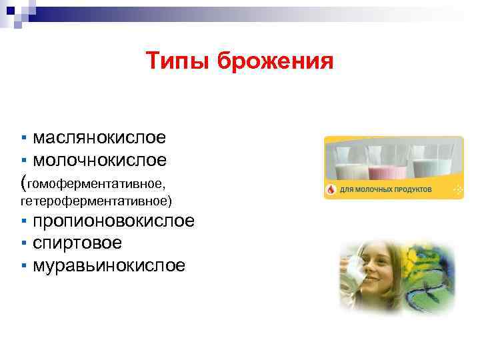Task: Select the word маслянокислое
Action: [x=99, y=138]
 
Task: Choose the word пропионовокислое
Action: [x=114, y=221]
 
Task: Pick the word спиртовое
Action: [x=77, y=243]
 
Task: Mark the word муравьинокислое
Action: [x=109, y=265]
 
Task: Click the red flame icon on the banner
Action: [x=331, y=190]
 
